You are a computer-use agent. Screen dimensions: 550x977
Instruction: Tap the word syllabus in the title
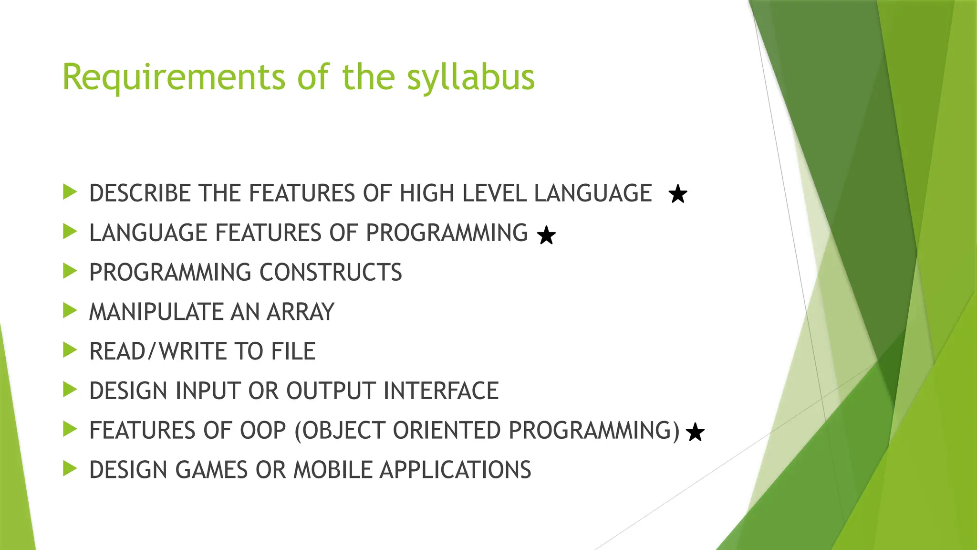(x=470, y=77)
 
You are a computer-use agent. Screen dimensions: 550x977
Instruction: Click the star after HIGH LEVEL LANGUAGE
(x=677, y=194)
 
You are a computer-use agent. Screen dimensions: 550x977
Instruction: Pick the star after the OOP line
(x=695, y=433)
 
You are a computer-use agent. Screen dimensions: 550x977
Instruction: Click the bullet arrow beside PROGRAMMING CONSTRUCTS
(x=70, y=272)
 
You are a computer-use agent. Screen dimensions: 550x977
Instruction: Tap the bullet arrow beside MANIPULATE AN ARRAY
(x=70, y=311)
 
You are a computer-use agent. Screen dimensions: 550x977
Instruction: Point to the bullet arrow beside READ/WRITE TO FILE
(x=70, y=350)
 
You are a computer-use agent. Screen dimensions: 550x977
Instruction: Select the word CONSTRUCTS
(x=331, y=273)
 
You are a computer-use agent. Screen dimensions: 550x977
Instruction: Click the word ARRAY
(x=301, y=312)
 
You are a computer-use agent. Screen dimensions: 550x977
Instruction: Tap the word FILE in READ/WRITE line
(x=293, y=352)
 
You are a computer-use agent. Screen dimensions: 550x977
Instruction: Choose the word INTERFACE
(x=441, y=391)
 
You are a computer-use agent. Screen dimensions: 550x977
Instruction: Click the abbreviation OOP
(x=263, y=431)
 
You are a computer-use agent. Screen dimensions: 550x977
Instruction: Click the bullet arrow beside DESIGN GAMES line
(x=70, y=469)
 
